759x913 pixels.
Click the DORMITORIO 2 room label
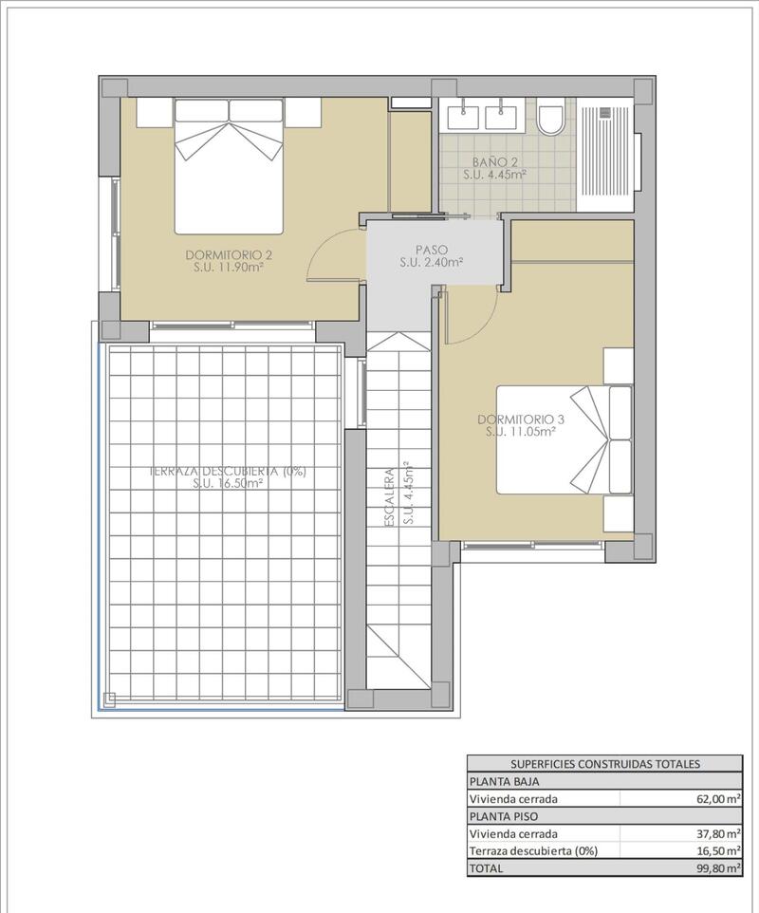(229, 254)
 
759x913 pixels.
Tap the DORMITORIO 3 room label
(520, 419)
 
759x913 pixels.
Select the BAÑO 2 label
(494, 161)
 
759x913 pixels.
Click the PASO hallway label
(431, 251)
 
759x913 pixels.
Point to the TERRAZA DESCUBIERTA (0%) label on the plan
(228, 471)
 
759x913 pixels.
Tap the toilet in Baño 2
(549, 120)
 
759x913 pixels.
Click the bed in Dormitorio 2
(229, 167)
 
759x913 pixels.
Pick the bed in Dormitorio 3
(564, 439)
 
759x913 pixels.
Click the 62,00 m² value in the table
(717, 799)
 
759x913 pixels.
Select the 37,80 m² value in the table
(717, 833)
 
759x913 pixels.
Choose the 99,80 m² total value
(717, 867)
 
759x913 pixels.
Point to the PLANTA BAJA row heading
(502, 782)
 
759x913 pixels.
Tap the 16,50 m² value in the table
(717, 850)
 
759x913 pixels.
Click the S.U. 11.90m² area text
(229, 268)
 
